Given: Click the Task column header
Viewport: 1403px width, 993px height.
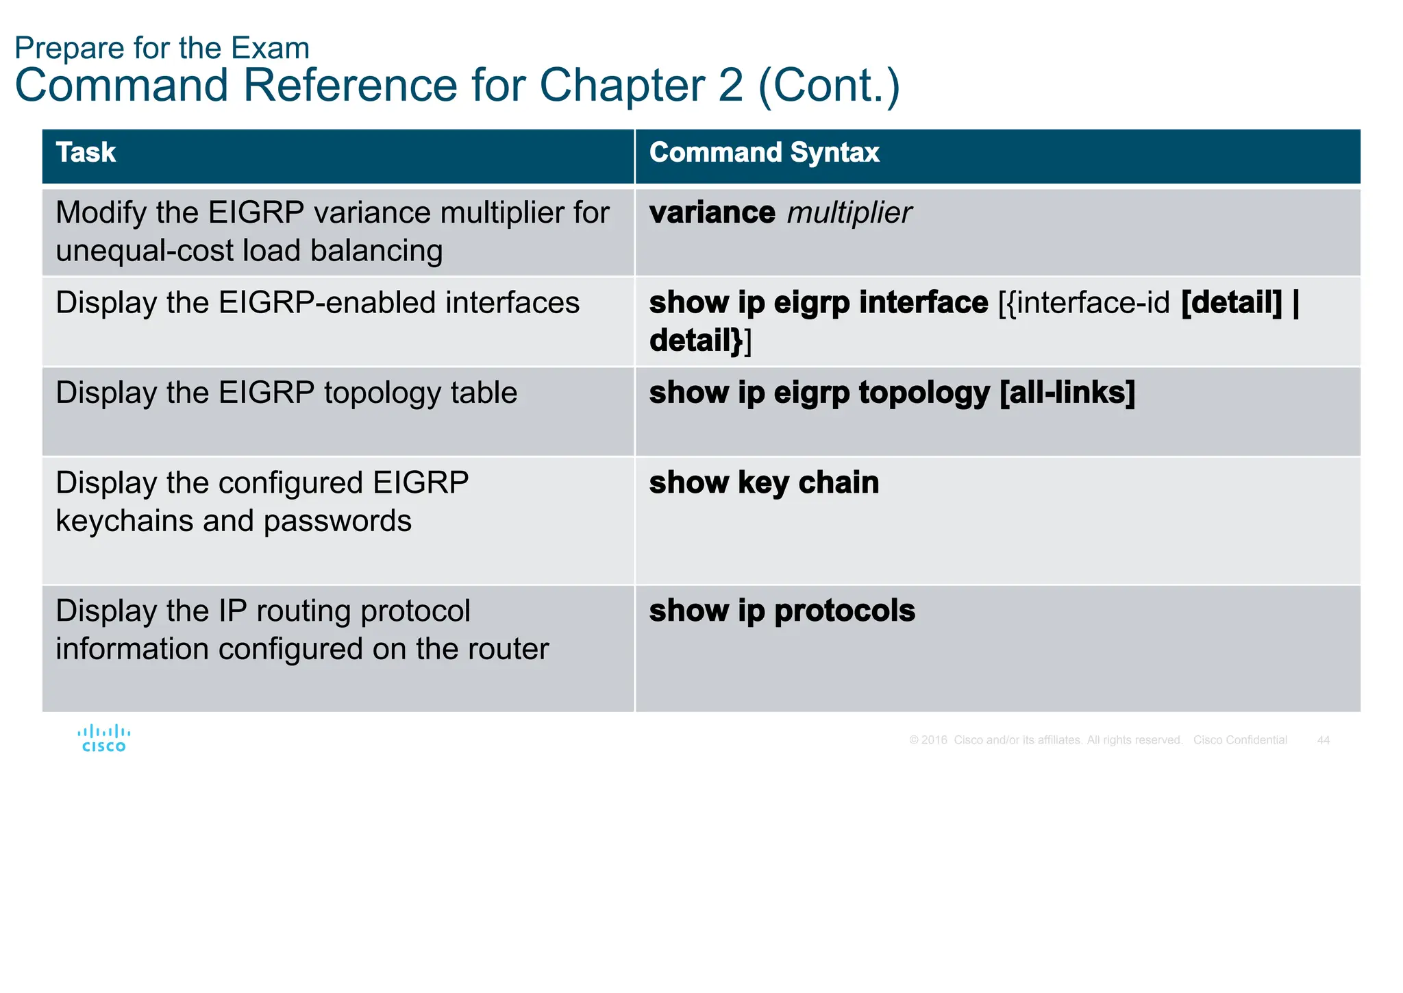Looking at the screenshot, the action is click(x=86, y=153).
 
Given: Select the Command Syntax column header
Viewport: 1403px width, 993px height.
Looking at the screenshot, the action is click(x=764, y=153).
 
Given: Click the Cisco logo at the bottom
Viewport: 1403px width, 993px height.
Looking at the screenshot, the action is click(x=104, y=739).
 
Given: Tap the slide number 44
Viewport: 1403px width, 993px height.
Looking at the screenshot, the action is click(x=1323, y=740).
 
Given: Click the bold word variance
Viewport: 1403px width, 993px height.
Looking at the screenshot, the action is click(x=712, y=213).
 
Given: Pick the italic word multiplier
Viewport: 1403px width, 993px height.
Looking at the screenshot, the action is click(x=849, y=213).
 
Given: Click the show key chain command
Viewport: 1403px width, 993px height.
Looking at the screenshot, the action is click(x=764, y=483).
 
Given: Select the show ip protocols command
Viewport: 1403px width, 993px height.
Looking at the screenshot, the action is click(x=782, y=611).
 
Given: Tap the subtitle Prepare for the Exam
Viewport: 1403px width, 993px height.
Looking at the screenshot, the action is click(x=162, y=48).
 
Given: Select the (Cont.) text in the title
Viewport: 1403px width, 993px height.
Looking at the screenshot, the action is click(x=828, y=86).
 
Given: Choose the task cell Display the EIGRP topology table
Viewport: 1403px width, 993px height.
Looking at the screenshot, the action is click(x=286, y=393).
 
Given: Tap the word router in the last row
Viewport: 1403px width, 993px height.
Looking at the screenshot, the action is click(x=508, y=649).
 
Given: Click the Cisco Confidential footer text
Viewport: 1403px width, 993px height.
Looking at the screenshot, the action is click(x=1240, y=740).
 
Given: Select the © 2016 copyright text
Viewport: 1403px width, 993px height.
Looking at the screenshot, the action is click(x=928, y=740).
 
